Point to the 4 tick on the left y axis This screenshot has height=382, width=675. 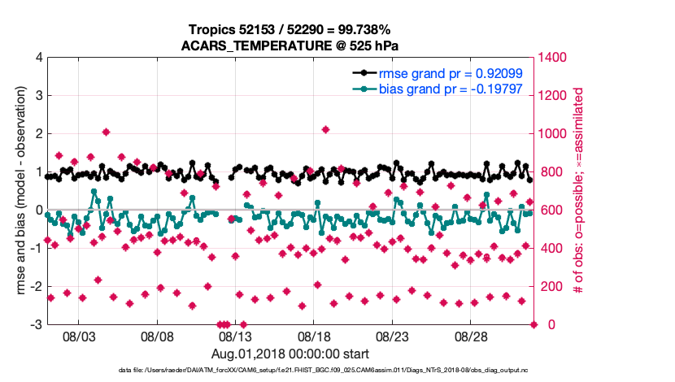(39, 59)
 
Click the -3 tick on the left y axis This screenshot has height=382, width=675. (37, 325)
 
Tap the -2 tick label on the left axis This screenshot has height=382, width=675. (37, 287)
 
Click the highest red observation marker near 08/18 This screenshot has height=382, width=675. (325, 129)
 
